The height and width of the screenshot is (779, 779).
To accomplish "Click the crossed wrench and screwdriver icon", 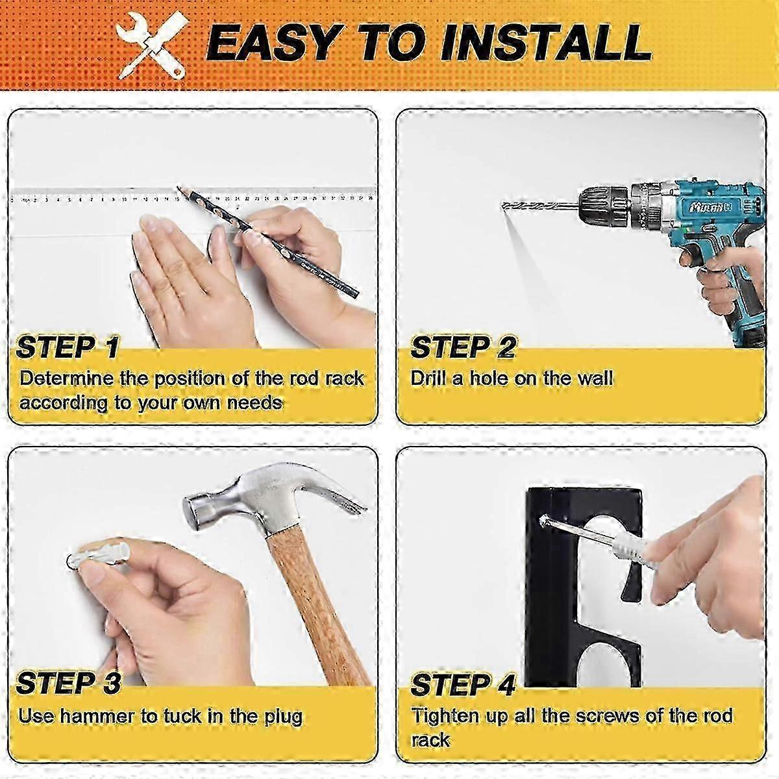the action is (x=153, y=45).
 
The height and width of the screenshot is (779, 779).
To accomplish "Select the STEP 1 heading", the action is (x=68, y=347).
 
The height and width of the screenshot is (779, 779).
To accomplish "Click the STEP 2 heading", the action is (x=463, y=347).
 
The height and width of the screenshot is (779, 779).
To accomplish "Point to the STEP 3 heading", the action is (x=68, y=683).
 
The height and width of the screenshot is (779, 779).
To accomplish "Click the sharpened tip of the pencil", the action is (x=179, y=188).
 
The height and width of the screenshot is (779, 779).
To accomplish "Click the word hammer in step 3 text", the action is (x=96, y=716).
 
